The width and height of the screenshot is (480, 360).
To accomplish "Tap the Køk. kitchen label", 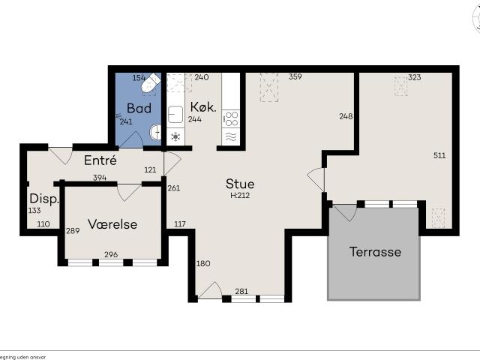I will click(203, 107).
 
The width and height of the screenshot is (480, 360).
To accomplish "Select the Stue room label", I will click(240, 184).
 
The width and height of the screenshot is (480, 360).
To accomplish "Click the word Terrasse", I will click(375, 252).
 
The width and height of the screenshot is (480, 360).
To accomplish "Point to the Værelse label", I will click(111, 224).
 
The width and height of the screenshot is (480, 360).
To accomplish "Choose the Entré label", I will click(100, 160).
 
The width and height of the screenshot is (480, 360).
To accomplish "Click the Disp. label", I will click(44, 199).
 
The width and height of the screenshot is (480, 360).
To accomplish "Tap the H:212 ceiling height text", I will click(239, 196).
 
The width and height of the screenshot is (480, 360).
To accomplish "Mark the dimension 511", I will click(439, 156).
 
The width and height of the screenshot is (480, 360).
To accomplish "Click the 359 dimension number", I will click(295, 77).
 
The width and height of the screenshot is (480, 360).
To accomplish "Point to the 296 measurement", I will click(111, 254).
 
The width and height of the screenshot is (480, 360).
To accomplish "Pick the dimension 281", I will click(241, 292).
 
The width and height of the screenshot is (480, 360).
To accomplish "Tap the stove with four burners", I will click(231, 118).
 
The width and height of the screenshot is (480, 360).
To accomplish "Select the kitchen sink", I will click(176, 115).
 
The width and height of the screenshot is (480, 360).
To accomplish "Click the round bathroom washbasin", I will click(155, 132).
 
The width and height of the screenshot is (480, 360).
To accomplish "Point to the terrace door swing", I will click(343, 212).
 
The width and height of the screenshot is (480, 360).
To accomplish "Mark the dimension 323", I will click(415, 77).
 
